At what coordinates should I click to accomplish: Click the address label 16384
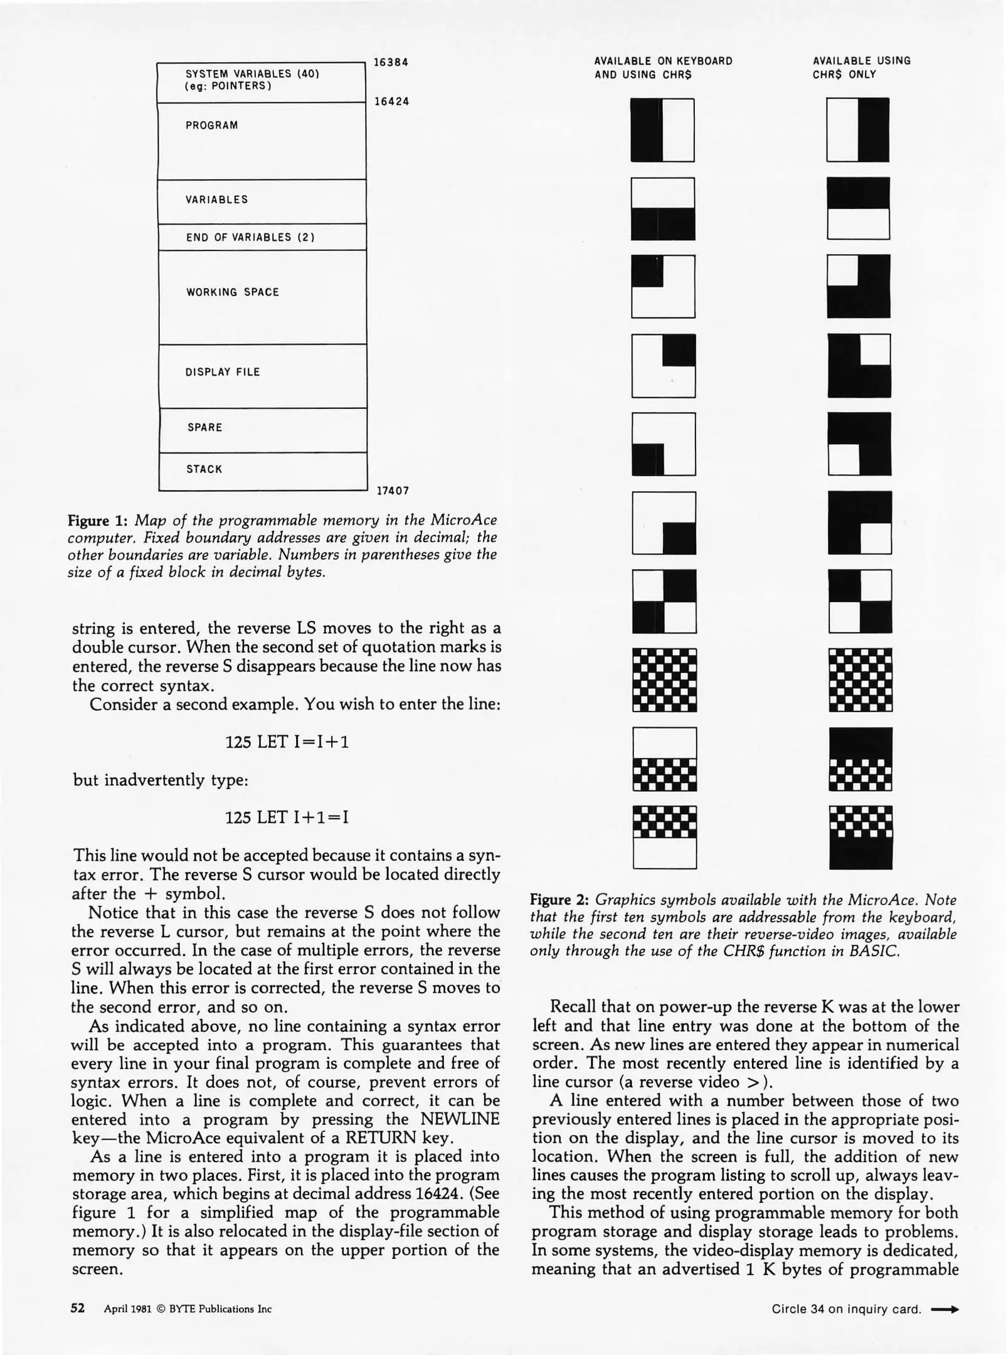tap(391, 62)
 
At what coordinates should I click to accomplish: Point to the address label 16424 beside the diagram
tap(391, 101)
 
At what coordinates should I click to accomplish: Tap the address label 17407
tap(392, 491)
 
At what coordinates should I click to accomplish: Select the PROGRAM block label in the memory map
tap(211, 125)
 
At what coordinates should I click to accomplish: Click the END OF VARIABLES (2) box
tap(262, 237)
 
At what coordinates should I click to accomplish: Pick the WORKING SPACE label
tap(232, 292)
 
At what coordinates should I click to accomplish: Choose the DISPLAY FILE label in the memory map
tap(222, 372)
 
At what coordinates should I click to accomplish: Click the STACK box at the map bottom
tap(262, 470)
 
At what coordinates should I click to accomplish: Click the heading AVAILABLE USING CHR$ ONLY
tap(861, 67)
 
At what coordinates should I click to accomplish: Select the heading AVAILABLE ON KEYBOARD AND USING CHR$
tap(663, 67)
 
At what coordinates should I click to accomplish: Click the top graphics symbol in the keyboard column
tap(662, 130)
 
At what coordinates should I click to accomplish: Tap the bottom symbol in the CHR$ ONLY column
tap(860, 837)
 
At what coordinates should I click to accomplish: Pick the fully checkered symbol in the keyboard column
tap(664, 679)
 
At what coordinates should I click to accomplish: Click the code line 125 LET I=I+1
tap(287, 742)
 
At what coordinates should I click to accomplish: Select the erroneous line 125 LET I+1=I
tap(287, 817)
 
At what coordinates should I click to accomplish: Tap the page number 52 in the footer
tap(77, 1308)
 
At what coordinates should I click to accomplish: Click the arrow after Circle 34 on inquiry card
tap(945, 1309)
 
